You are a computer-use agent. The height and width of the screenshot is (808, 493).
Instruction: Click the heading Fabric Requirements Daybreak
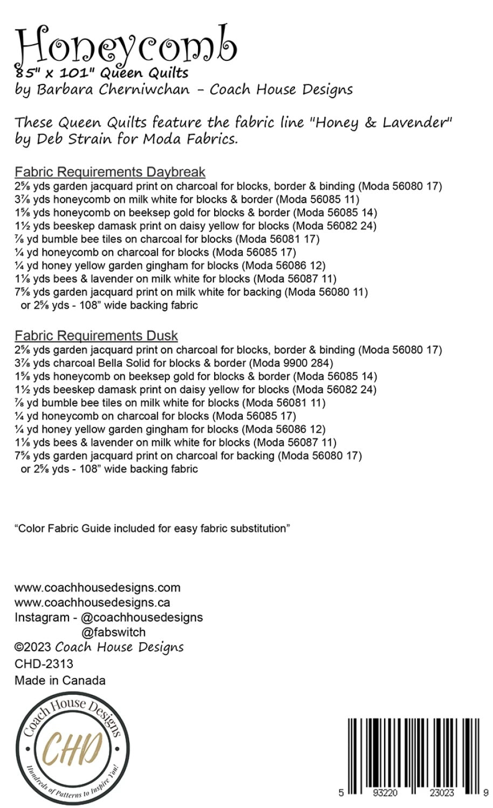[110, 172]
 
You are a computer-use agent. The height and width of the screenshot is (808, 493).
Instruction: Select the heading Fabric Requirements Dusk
[96, 336]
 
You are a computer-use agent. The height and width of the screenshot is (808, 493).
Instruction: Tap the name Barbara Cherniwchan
[113, 89]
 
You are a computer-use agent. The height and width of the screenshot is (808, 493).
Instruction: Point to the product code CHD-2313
[44, 664]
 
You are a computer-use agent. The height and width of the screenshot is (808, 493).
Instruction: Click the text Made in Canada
[60, 680]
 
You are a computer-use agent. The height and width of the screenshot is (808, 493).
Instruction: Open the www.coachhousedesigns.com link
[98, 587]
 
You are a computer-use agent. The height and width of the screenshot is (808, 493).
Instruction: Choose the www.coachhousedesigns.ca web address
[92, 602]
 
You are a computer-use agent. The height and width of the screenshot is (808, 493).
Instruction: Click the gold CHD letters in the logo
[73, 749]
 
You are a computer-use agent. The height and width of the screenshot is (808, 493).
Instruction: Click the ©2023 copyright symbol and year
[33, 647]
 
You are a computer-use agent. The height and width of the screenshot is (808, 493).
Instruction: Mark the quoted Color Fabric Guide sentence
[152, 528]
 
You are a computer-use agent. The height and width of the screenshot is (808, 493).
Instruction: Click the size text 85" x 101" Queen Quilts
[102, 73]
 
